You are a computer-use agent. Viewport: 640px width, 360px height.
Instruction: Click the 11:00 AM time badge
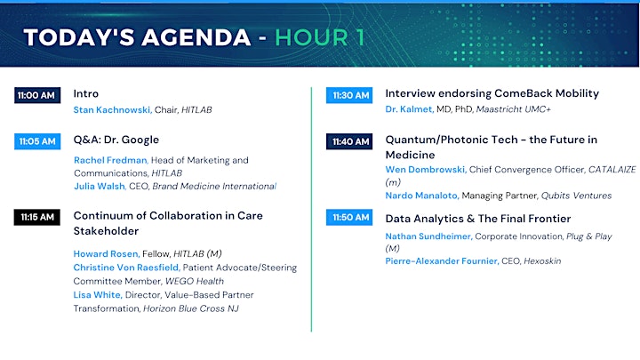tap(37, 95)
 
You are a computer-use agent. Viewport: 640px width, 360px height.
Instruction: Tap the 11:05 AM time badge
tap(37, 141)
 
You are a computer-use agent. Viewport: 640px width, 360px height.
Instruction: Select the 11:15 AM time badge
tap(37, 217)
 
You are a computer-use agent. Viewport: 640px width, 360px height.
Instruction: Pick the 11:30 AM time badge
tap(349, 95)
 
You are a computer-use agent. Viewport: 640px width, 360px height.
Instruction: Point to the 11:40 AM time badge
tap(349, 141)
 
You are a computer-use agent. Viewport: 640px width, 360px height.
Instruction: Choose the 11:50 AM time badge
tap(349, 217)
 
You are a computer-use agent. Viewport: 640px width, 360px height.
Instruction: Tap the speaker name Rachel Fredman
tap(110, 160)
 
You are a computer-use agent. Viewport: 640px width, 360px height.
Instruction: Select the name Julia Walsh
tap(100, 186)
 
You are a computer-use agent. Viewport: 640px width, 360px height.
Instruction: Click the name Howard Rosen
tap(107, 254)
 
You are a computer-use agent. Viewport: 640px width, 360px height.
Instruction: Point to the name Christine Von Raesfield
tap(126, 268)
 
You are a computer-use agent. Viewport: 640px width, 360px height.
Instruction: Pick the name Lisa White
tap(98, 295)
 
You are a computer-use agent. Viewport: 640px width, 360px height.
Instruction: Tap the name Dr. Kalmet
tap(410, 109)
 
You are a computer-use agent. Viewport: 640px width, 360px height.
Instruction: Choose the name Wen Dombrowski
tap(426, 170)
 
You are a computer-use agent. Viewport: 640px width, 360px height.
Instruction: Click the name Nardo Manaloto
tap(422, 196)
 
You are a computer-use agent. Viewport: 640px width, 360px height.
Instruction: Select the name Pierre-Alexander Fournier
tap(442, 260)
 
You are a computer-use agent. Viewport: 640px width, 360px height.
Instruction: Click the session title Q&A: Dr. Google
tap(116, 140)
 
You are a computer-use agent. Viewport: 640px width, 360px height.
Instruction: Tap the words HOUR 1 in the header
tap(320, 37)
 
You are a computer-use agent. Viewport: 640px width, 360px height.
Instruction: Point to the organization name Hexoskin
tap(542, 260)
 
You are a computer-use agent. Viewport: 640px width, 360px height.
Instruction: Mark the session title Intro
tap(85, 93)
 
